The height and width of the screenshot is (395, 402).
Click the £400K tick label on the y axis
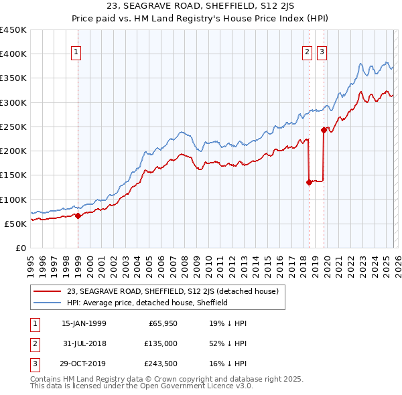coord(13,54)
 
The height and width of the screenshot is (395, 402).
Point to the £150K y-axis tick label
coord(13,175)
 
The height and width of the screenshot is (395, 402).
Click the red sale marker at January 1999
coord(78,216)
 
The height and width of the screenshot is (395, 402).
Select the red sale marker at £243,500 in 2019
coord(324,130)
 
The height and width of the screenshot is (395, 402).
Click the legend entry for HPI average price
coord(147,303)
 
